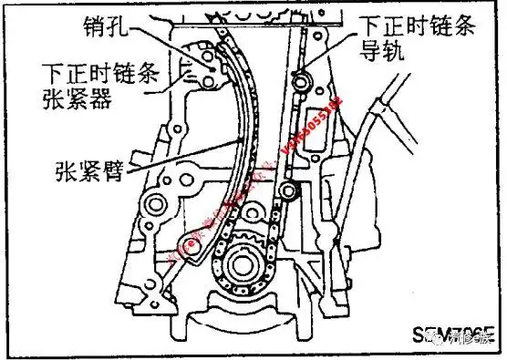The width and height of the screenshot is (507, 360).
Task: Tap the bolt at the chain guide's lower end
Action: [290, 191]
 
